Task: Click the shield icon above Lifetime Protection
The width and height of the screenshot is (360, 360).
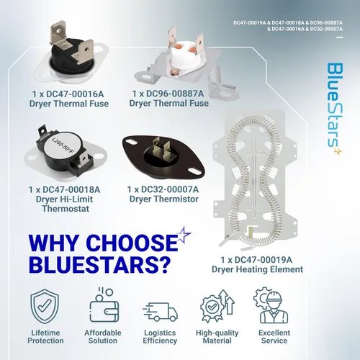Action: (45, 307)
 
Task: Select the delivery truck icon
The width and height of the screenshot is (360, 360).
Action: (161, 312)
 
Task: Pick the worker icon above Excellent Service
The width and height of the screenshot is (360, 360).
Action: (271, 305)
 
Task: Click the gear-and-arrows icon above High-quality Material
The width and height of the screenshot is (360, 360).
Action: (217, 306)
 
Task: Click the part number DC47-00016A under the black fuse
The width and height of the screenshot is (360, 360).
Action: (75, 94)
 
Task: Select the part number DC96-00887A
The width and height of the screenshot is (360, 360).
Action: (175, 94)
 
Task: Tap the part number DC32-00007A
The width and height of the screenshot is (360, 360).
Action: (170, 189)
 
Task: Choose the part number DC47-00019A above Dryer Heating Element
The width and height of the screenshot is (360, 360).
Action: (264, 260)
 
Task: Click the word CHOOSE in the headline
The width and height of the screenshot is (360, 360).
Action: (132, 243)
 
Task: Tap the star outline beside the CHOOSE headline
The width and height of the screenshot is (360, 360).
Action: (184, 235)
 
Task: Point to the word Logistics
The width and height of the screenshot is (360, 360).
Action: (160, 333)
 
